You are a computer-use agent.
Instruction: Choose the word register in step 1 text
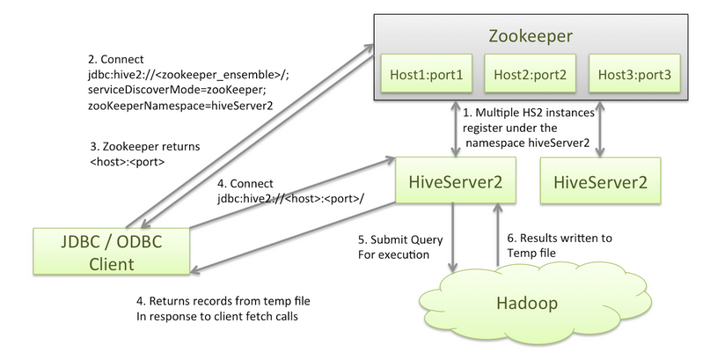tap(487, 129)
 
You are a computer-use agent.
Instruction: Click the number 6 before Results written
tap(513, 239)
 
